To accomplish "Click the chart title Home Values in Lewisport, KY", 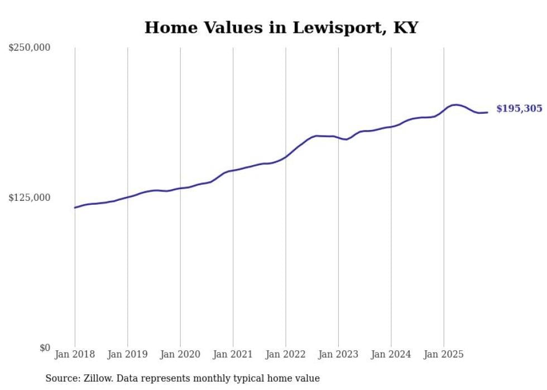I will point(281,28).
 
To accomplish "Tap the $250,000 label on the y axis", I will point(29,48).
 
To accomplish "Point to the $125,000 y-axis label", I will point(29,198).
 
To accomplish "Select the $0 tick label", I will point(45,348).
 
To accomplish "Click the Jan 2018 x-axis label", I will point(75,354).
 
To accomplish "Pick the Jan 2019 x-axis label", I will point(127,354).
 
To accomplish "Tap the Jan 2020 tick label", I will point(180,354).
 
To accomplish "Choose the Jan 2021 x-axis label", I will point(233,354).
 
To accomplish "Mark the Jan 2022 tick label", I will point(286,354).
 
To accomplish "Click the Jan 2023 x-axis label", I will point(338,354).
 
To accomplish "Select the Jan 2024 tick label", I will point(391,354).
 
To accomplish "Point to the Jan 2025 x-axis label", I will point(444,354).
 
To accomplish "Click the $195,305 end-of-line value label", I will point(519,109).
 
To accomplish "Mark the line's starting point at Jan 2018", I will point(75,208).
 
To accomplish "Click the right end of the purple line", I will point(487,113).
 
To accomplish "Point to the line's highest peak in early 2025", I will point(456,105).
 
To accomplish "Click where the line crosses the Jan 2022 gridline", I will point(286,157).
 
